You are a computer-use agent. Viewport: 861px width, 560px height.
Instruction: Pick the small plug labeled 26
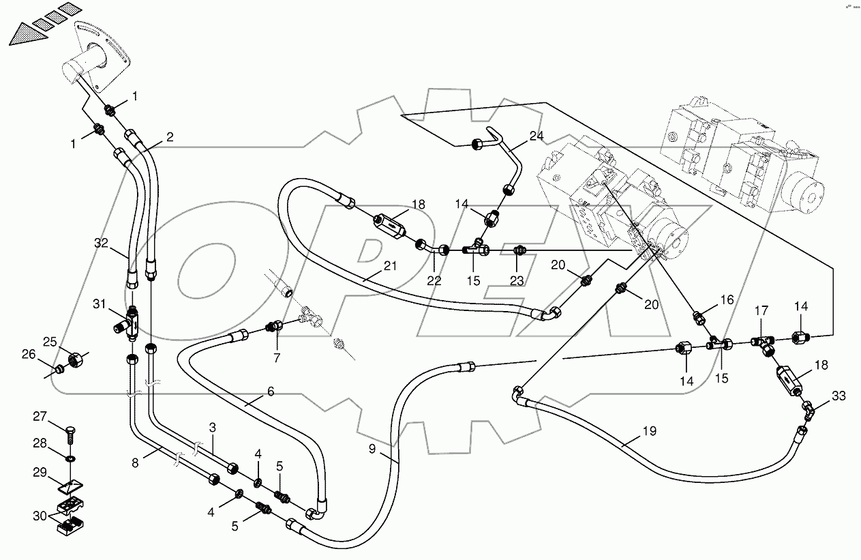pyautogui.click(x=59, y=370)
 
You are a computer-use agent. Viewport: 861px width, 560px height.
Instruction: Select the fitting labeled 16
pyautogui.click(x=699, y=316)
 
